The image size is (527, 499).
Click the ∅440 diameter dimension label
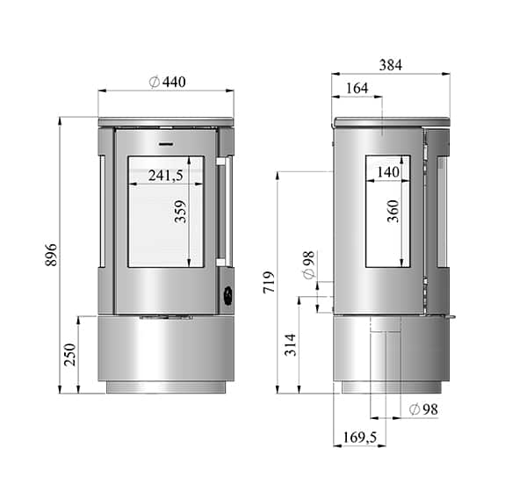[x=168, y=82]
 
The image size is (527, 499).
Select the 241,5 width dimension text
[x=165, y=176]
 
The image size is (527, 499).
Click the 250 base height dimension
[x=70, y=354]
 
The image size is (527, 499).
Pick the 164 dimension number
[x=357, y=88]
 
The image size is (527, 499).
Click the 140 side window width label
[x=387, y=172]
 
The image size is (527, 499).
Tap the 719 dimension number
[x=270, y=281]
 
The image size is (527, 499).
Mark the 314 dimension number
[x=291, y=344]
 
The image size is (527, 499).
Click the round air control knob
[x=226, y=296]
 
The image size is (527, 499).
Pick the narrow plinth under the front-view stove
[x=166, y=387]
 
